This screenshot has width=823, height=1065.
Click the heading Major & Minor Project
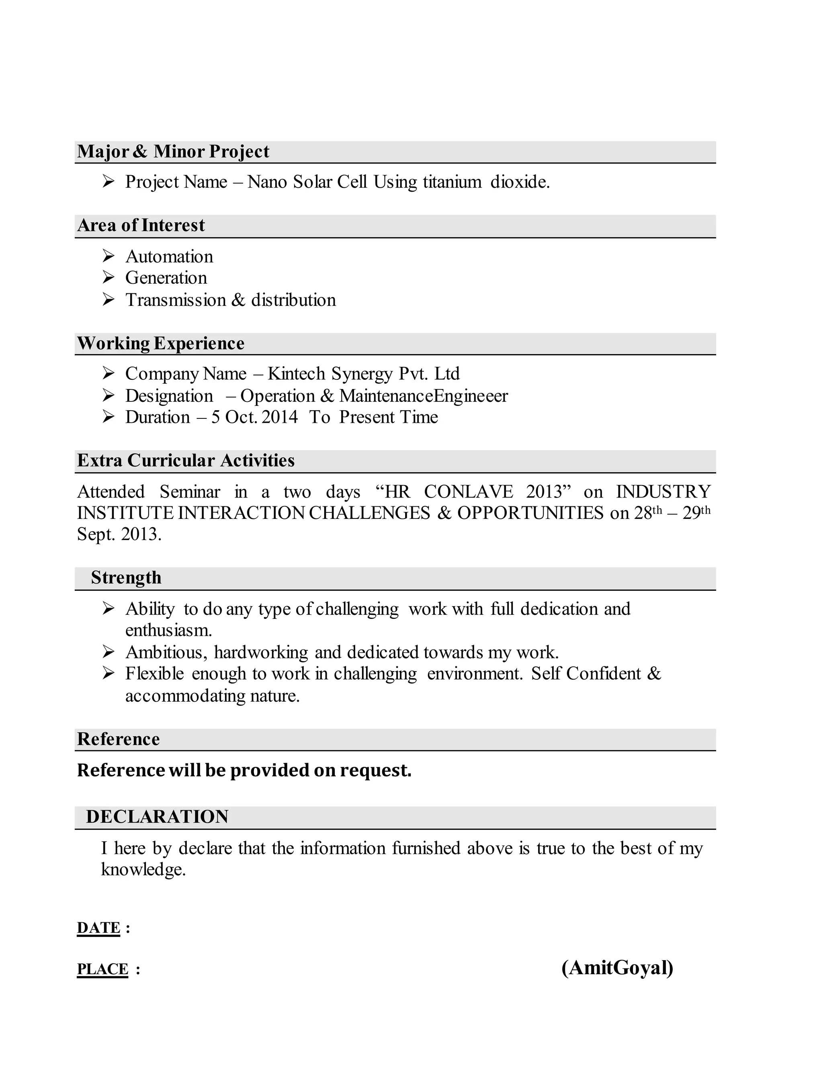[x=173, y=152]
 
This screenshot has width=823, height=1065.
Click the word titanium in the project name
[x=452, y=182]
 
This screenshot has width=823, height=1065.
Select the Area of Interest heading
[x=141, y=225]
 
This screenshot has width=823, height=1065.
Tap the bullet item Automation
[x=169, y=256]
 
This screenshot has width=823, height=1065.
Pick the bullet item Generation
[x=166, y=278]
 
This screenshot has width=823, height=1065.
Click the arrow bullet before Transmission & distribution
[x=108, y=299]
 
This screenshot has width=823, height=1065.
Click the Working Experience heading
[x=160, y=343]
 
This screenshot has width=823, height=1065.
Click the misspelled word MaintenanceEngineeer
[x=423, y=396]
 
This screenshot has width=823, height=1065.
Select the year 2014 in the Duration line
[x=279, y=418]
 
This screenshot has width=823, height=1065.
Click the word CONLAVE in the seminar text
[x=468, y=492]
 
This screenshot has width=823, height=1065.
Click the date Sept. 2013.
[x=119, y=535]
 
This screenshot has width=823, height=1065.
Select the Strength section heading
[x=126, y=578]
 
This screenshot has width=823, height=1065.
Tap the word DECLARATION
[x=157, y=817]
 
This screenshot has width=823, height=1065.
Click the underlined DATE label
[x=98, y=928]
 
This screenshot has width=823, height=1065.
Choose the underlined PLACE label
[x=102, y=969]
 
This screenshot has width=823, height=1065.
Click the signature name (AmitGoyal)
[x=617, y=968]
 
